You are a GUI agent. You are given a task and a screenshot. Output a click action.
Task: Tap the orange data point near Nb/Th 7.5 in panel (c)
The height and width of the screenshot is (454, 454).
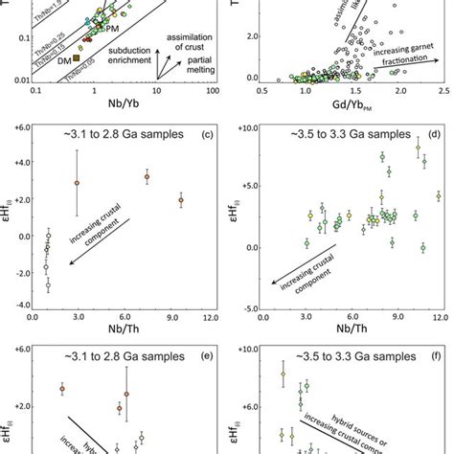[x=147, y=177]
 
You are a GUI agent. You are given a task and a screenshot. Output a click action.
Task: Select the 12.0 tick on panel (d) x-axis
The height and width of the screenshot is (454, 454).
[x=440, y=317]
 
